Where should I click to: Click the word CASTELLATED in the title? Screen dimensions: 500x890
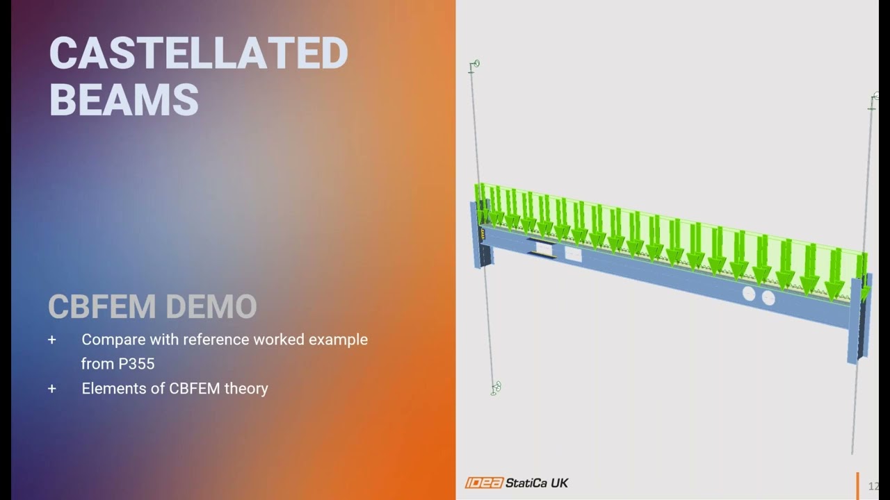(198, 53)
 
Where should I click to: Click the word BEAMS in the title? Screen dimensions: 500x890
(124, 99)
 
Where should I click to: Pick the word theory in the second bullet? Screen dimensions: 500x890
(246, 388)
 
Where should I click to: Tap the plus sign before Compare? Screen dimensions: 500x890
(52, 340)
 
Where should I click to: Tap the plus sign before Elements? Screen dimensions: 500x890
(52, 388)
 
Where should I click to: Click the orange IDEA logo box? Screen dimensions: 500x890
(484, 483)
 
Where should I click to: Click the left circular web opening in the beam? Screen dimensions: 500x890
(748, 294)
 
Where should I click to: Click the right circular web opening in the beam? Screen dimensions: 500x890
(768, 299)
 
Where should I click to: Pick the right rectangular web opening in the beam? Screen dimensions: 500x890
(573, 254)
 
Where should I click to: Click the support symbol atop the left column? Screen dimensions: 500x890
(474, 65)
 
